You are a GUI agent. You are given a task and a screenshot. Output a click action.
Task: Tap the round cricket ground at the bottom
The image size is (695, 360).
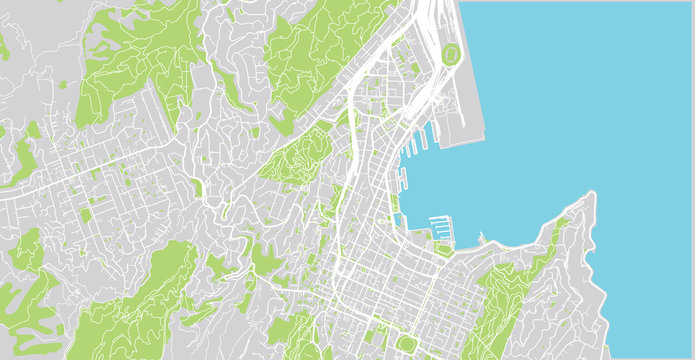click(407, 345)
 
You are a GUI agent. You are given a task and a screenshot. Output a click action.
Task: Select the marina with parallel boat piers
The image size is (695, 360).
click(440, 226)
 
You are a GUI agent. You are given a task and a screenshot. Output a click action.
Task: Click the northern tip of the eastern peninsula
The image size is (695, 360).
click(592, 195)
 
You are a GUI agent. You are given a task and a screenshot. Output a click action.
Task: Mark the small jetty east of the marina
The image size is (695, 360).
click(481, 240)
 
